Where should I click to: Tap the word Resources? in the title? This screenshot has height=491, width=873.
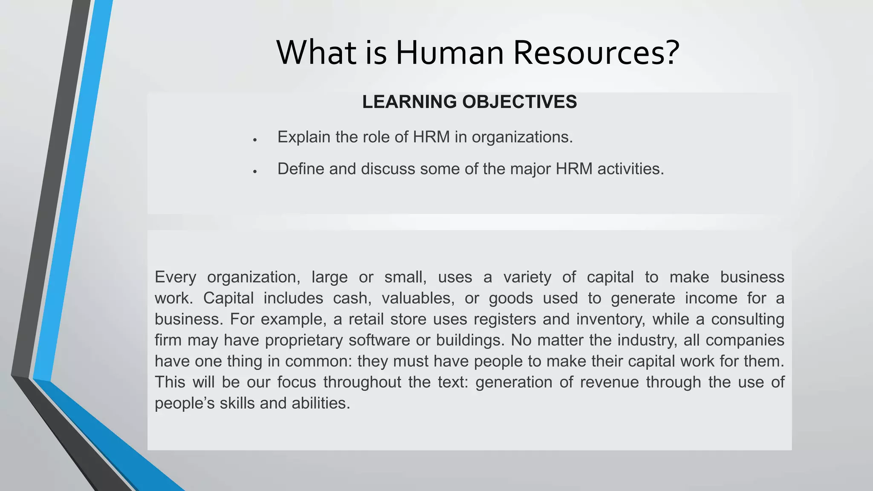point(596,53)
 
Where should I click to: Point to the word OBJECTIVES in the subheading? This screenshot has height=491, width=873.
point(520,102)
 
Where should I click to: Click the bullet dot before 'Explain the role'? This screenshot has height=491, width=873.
point(254,140)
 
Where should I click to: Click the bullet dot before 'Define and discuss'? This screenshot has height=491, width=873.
point(254,172)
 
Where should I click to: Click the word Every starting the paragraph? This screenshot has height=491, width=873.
point(175,277)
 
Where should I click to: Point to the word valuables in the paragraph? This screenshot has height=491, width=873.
point(416,298)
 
